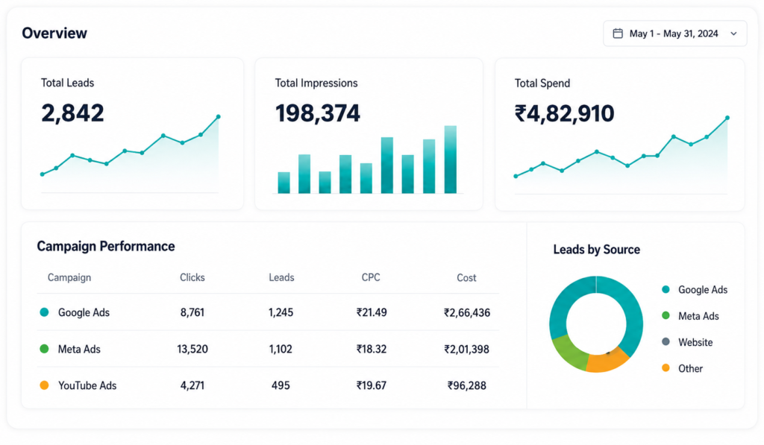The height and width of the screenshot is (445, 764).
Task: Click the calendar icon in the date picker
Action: pyautogui.click(x=617, y=34)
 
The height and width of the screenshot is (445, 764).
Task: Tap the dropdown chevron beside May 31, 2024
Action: pyautogui.click(x=733, y=34)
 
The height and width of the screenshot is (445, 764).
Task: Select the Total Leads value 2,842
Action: pyautogui.click(x=72, y=113)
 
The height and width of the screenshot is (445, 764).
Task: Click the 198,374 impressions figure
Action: pyautogui.click(x=317, y=113)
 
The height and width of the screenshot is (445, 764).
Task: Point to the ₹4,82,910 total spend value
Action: pyautogui.click(x=564, y=113)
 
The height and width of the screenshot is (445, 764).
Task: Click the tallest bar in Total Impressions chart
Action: pyautogui.click(x=450, y=160)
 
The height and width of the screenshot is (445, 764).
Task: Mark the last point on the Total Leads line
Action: pyautogui.click(x=219, y=117)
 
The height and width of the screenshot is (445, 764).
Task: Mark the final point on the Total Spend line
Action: pyautogui.click(x=727, y=118)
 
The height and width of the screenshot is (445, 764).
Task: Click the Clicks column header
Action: pyautogui.click(x=192, y=277)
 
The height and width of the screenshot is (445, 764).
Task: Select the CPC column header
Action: pyautogui.click(x=371, y=277)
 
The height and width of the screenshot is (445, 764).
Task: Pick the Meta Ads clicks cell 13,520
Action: pyautogui.click(x=192, y=349)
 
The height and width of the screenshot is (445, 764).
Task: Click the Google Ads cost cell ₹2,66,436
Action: pyautogui.click(x=467, y=312)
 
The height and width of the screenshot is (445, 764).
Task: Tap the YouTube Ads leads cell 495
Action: pyautogui.click(x=281, y=385)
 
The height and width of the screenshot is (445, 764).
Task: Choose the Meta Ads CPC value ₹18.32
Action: pyautogui.click(x=372, y=349)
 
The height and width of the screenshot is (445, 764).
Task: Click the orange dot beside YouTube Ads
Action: pyautogui.click(x=44, y=385)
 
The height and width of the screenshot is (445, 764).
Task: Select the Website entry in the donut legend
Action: pyautogui.click(x=687, y=342)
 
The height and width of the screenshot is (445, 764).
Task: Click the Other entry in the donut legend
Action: pyautogui.click(x=682, y=368)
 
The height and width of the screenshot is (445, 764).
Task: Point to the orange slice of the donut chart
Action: pyautogui.click(x=606, y=362)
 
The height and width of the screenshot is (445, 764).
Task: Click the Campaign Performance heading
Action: pyautogui.click(x=106, y=247)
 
